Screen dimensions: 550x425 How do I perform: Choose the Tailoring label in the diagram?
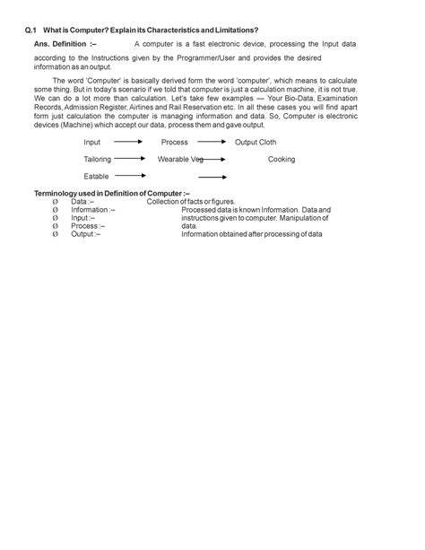tap(98, 159)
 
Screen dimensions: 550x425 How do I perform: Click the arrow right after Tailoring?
tap(130, 159)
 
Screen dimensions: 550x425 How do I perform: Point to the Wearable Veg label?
tap(180, 159)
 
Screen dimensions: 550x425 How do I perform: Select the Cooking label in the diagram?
tap(282, 159)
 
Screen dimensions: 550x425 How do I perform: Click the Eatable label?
tap(96, 176)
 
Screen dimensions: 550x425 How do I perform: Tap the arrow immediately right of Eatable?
tap(130, 176)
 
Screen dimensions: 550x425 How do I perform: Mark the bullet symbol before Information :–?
tap(56, 210)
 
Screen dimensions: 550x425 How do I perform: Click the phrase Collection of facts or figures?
tap(191, 202)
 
